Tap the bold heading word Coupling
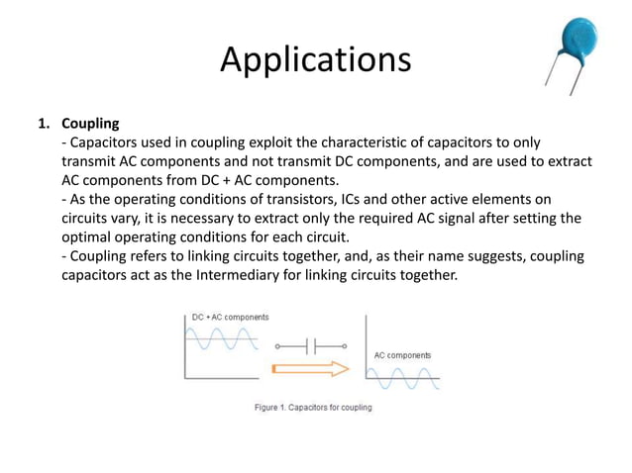click(x=90, y=124)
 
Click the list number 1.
click(x=43, y=124)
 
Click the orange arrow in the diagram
click(x=310, y=369)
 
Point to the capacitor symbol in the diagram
click(x=311, y=346)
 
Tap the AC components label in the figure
click(x=402, y=354)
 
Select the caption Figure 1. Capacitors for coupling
click(x=313, y=407)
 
